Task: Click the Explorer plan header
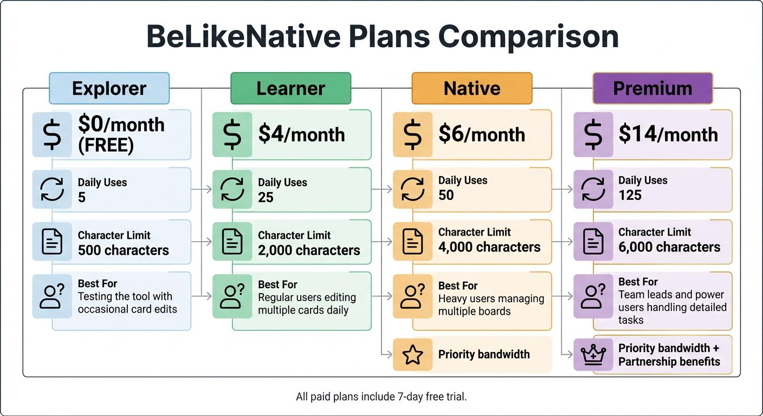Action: tap(109, 88)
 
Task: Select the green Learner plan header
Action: tap(290, 88)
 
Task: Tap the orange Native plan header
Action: tap(471, 88)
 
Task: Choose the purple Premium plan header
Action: tap(652, 88)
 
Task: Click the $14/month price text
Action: tap(668, 134)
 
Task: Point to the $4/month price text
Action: tap(301, 134)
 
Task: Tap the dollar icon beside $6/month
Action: tap(413, 135)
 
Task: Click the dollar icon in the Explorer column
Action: tap(52, 135)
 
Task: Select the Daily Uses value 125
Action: tap(630, 195)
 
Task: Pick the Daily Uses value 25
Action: tap(266, 197)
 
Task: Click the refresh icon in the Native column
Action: tap(413, 189)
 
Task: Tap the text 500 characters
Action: tap(124, 250)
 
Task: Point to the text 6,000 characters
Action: tap(669, 247)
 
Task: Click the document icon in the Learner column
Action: tap(232, 242)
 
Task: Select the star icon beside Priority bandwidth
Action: tap(413, 355)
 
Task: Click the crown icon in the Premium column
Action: tap(593, 355)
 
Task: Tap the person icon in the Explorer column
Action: tap(52, 295)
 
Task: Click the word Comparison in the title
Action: tap(528, 37)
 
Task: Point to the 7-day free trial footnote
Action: tap(381, 397)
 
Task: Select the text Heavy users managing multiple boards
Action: tap(491, 305)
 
